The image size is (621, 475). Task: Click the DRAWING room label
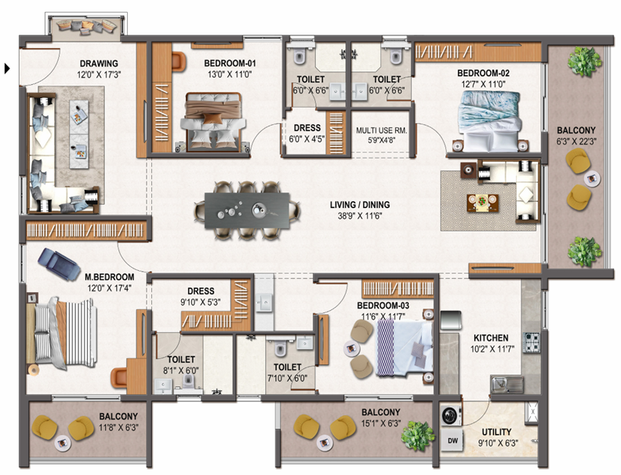point(99,64)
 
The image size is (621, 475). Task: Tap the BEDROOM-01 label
point(230,64)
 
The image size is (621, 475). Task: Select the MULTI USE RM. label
point(381,130)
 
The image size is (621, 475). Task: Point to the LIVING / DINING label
point(360,205)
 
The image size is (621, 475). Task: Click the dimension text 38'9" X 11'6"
point(360,216)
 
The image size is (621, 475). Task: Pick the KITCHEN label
point(491,338)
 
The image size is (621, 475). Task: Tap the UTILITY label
point(496,432)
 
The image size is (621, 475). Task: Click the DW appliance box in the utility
point(452,440)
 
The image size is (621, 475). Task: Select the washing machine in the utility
point(451,416)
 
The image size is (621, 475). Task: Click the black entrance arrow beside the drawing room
point(7,68)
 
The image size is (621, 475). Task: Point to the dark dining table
point(247,210)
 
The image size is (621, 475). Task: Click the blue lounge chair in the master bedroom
point(59,264)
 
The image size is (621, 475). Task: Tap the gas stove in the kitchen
point(532,342)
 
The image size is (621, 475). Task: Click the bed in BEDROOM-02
point(488,121)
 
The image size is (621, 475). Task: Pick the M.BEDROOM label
point(109,276)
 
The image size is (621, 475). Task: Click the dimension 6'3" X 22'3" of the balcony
point(576,141)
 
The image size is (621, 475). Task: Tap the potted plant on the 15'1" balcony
point(417,437)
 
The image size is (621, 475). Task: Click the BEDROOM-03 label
point(383,305)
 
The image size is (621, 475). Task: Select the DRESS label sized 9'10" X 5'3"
point(201,291)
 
